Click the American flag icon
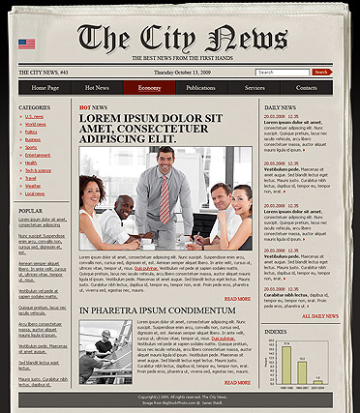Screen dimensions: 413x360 tap(26, 44)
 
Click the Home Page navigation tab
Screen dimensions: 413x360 tap(45, 88)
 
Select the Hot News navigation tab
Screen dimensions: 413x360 tap(97, 88)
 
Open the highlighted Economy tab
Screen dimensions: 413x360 tap(149, 88)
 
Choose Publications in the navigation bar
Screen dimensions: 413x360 tap(201, 88)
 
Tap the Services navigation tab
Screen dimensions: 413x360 tap(255, 88)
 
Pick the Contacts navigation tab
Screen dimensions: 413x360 tap(306, 88)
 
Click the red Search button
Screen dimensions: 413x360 tap(321, 72)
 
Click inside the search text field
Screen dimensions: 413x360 tap(283, 72)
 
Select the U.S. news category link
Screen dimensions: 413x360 tap(34, 116)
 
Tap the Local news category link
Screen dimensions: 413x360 tap(35, 193)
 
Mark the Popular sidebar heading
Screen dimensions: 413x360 tap(30, 210)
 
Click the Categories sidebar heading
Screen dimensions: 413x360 tap(34, 106)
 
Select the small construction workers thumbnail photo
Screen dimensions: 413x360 tap(106, 356)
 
